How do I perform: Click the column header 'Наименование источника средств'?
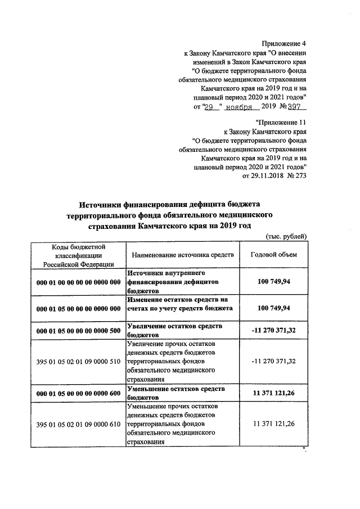(182, 255)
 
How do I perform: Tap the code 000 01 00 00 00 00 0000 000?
(78, 281)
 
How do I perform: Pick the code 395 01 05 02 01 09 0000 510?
(78, 361)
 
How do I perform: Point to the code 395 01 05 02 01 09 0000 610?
(78, 424)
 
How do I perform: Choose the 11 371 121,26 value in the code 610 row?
(274, 424)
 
